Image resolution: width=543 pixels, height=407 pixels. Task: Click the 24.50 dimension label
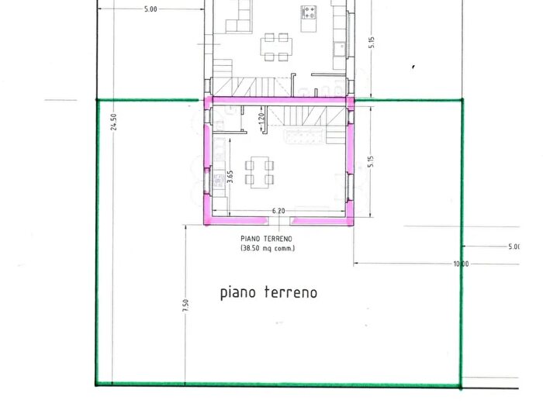113,122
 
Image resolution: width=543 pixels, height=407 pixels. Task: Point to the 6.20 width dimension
278,211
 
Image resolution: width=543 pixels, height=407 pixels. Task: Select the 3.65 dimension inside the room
230,177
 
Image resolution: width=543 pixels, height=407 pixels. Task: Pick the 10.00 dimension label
461,264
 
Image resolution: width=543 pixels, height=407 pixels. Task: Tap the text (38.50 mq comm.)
268,248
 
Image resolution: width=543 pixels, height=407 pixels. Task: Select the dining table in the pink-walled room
260,171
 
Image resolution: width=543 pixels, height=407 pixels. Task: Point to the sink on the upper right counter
340,47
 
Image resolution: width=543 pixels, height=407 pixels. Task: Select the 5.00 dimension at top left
150,9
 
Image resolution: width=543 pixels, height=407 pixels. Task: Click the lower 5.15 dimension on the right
372,162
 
